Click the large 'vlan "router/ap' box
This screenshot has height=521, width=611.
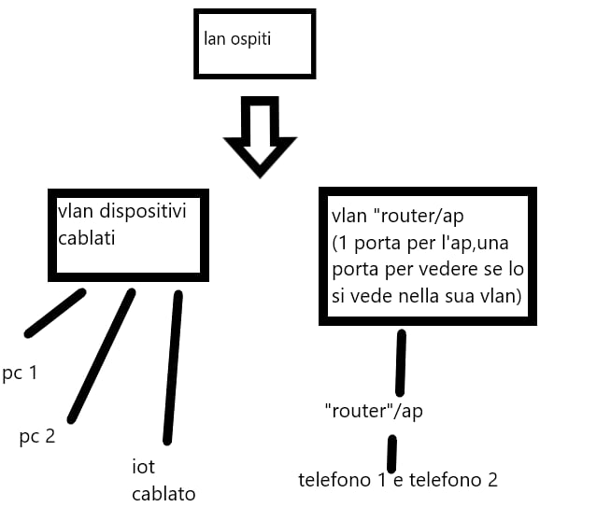point(428,256)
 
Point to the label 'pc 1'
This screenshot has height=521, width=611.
point(20,373)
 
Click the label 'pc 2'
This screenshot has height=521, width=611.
point(37,435)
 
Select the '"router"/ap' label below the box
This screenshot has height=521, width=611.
point(373,411)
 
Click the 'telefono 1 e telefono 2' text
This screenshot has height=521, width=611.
point(398,480)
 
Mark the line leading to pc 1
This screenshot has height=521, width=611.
point(56,313)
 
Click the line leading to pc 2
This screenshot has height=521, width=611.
point(102,355)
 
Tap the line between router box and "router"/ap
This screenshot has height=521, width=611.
point(401,362)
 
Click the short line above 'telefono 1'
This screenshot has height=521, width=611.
point(392,454)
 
